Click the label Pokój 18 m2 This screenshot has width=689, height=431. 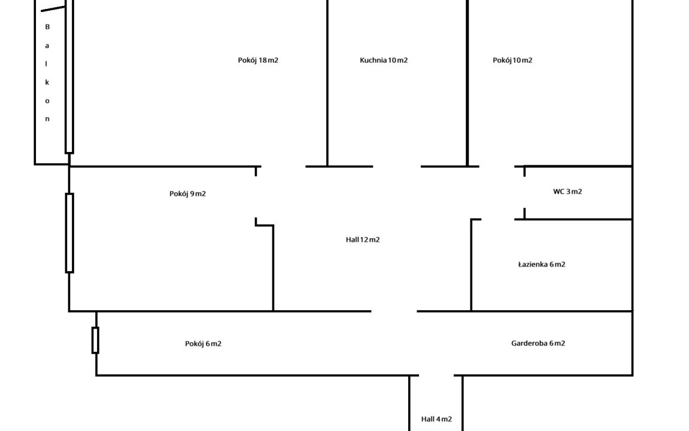coord(258,60)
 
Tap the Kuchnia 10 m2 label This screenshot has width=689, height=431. coord(384,60)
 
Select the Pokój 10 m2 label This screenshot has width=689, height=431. coord(512,60)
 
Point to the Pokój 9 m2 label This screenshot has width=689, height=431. coord(187,193)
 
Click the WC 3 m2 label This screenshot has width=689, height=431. coord(567,192)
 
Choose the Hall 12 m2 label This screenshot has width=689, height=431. coord(363,239)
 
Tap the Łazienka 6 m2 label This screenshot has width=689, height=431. coord(541,264)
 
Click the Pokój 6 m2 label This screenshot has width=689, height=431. coord(203,344)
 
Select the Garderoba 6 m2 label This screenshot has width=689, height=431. coord(538,343)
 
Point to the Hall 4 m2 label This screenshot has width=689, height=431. coord(436,419)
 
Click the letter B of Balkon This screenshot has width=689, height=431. coord(47,27)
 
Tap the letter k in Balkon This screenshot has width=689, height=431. coord(47,82)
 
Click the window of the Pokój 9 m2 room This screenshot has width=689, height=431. coord(69,233)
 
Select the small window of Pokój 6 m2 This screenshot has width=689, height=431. coord(95,340)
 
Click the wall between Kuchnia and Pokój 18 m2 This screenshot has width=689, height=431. coord(327,84)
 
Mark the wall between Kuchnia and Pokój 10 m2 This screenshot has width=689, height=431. coord(467,84)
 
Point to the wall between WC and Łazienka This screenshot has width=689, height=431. coord(578,220)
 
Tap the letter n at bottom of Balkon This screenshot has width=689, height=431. coord(47,119)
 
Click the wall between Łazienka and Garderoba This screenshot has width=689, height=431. coord(551,311)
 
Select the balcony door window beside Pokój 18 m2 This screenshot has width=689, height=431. coord(69,78)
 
